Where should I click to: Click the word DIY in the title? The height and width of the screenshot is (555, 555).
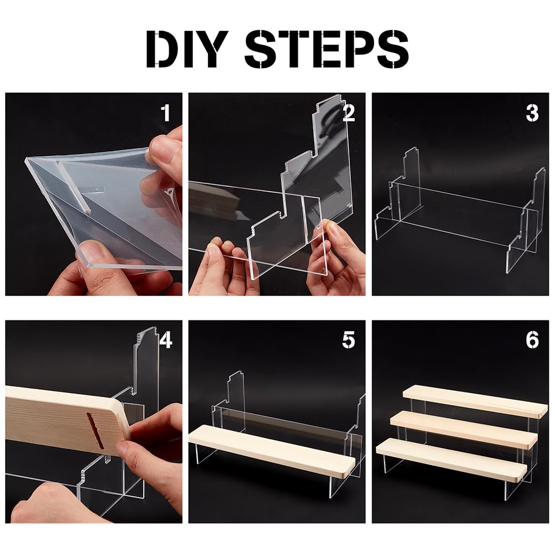(x=187, y=49)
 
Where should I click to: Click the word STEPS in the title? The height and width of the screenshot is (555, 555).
(x=327, y=49)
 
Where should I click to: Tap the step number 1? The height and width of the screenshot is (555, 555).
(x=166, y=113)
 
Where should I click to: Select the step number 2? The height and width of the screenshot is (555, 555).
(x=349, y=113)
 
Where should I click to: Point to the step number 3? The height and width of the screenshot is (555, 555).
(x=532, y=113)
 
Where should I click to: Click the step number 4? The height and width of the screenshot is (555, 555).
(x=166, y=340)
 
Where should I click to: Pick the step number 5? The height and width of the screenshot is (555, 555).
(x=349, y=340)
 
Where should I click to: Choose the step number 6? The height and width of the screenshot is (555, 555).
(x=532, y=340)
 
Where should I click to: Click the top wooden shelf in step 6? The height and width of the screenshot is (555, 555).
(x=475, y=401)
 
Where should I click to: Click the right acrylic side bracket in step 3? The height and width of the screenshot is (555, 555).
(x=526, y=220)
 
